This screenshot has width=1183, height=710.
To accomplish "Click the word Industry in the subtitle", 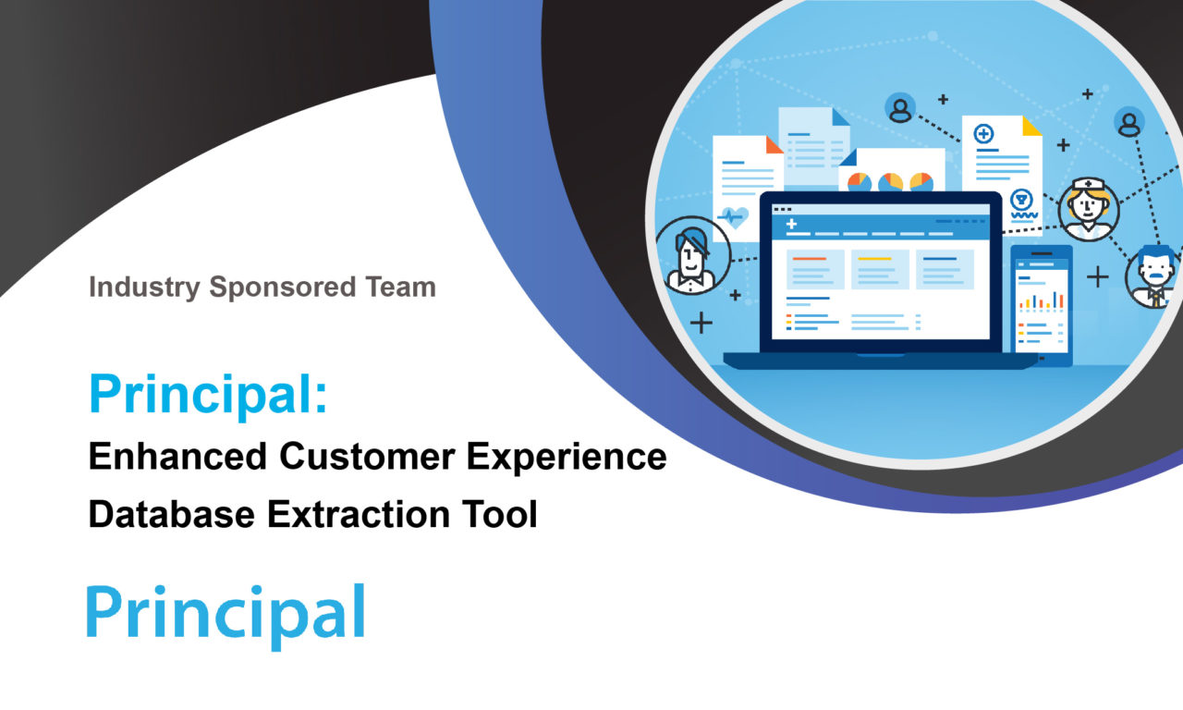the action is click(x=144, y=288).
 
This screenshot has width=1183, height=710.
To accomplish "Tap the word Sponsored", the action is click(x=283, y=288).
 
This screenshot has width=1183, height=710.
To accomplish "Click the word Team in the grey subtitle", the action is click(x=401, y=287).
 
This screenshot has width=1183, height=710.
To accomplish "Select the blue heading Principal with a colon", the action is click(x=208, y=394).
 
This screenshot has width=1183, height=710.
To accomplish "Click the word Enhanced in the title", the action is click(x=177, y=456).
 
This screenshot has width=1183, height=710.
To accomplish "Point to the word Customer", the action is click(x=367, y=456).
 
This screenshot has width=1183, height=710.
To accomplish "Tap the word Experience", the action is click(x=567, y=458).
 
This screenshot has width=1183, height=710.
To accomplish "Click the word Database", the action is click(x=172, y=514).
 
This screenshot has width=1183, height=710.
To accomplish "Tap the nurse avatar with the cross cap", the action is click(x=1089, y=210).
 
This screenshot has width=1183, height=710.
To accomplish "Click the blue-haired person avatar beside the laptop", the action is click(x=692, y=255).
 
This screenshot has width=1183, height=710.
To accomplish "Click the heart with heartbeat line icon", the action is click(x=734, y=216).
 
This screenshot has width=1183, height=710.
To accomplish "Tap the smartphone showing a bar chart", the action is click(x=1042, y=306).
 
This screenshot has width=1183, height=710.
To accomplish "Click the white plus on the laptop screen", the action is click(x=791, y=224).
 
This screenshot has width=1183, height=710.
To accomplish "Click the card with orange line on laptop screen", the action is click(x=815, y=269).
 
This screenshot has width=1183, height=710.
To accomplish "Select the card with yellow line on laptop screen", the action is click(x=880, y=269).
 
